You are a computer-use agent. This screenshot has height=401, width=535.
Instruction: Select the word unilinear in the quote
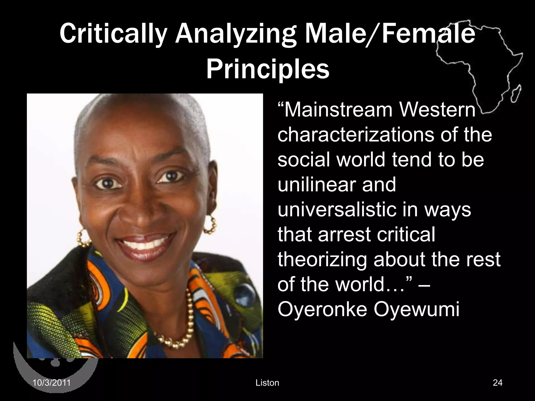tap(313, 184)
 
